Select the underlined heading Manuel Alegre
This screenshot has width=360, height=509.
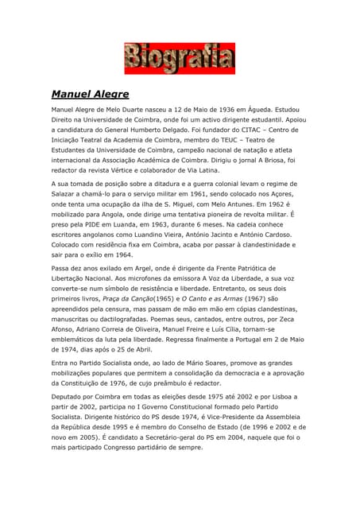click(x=90, y=93)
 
